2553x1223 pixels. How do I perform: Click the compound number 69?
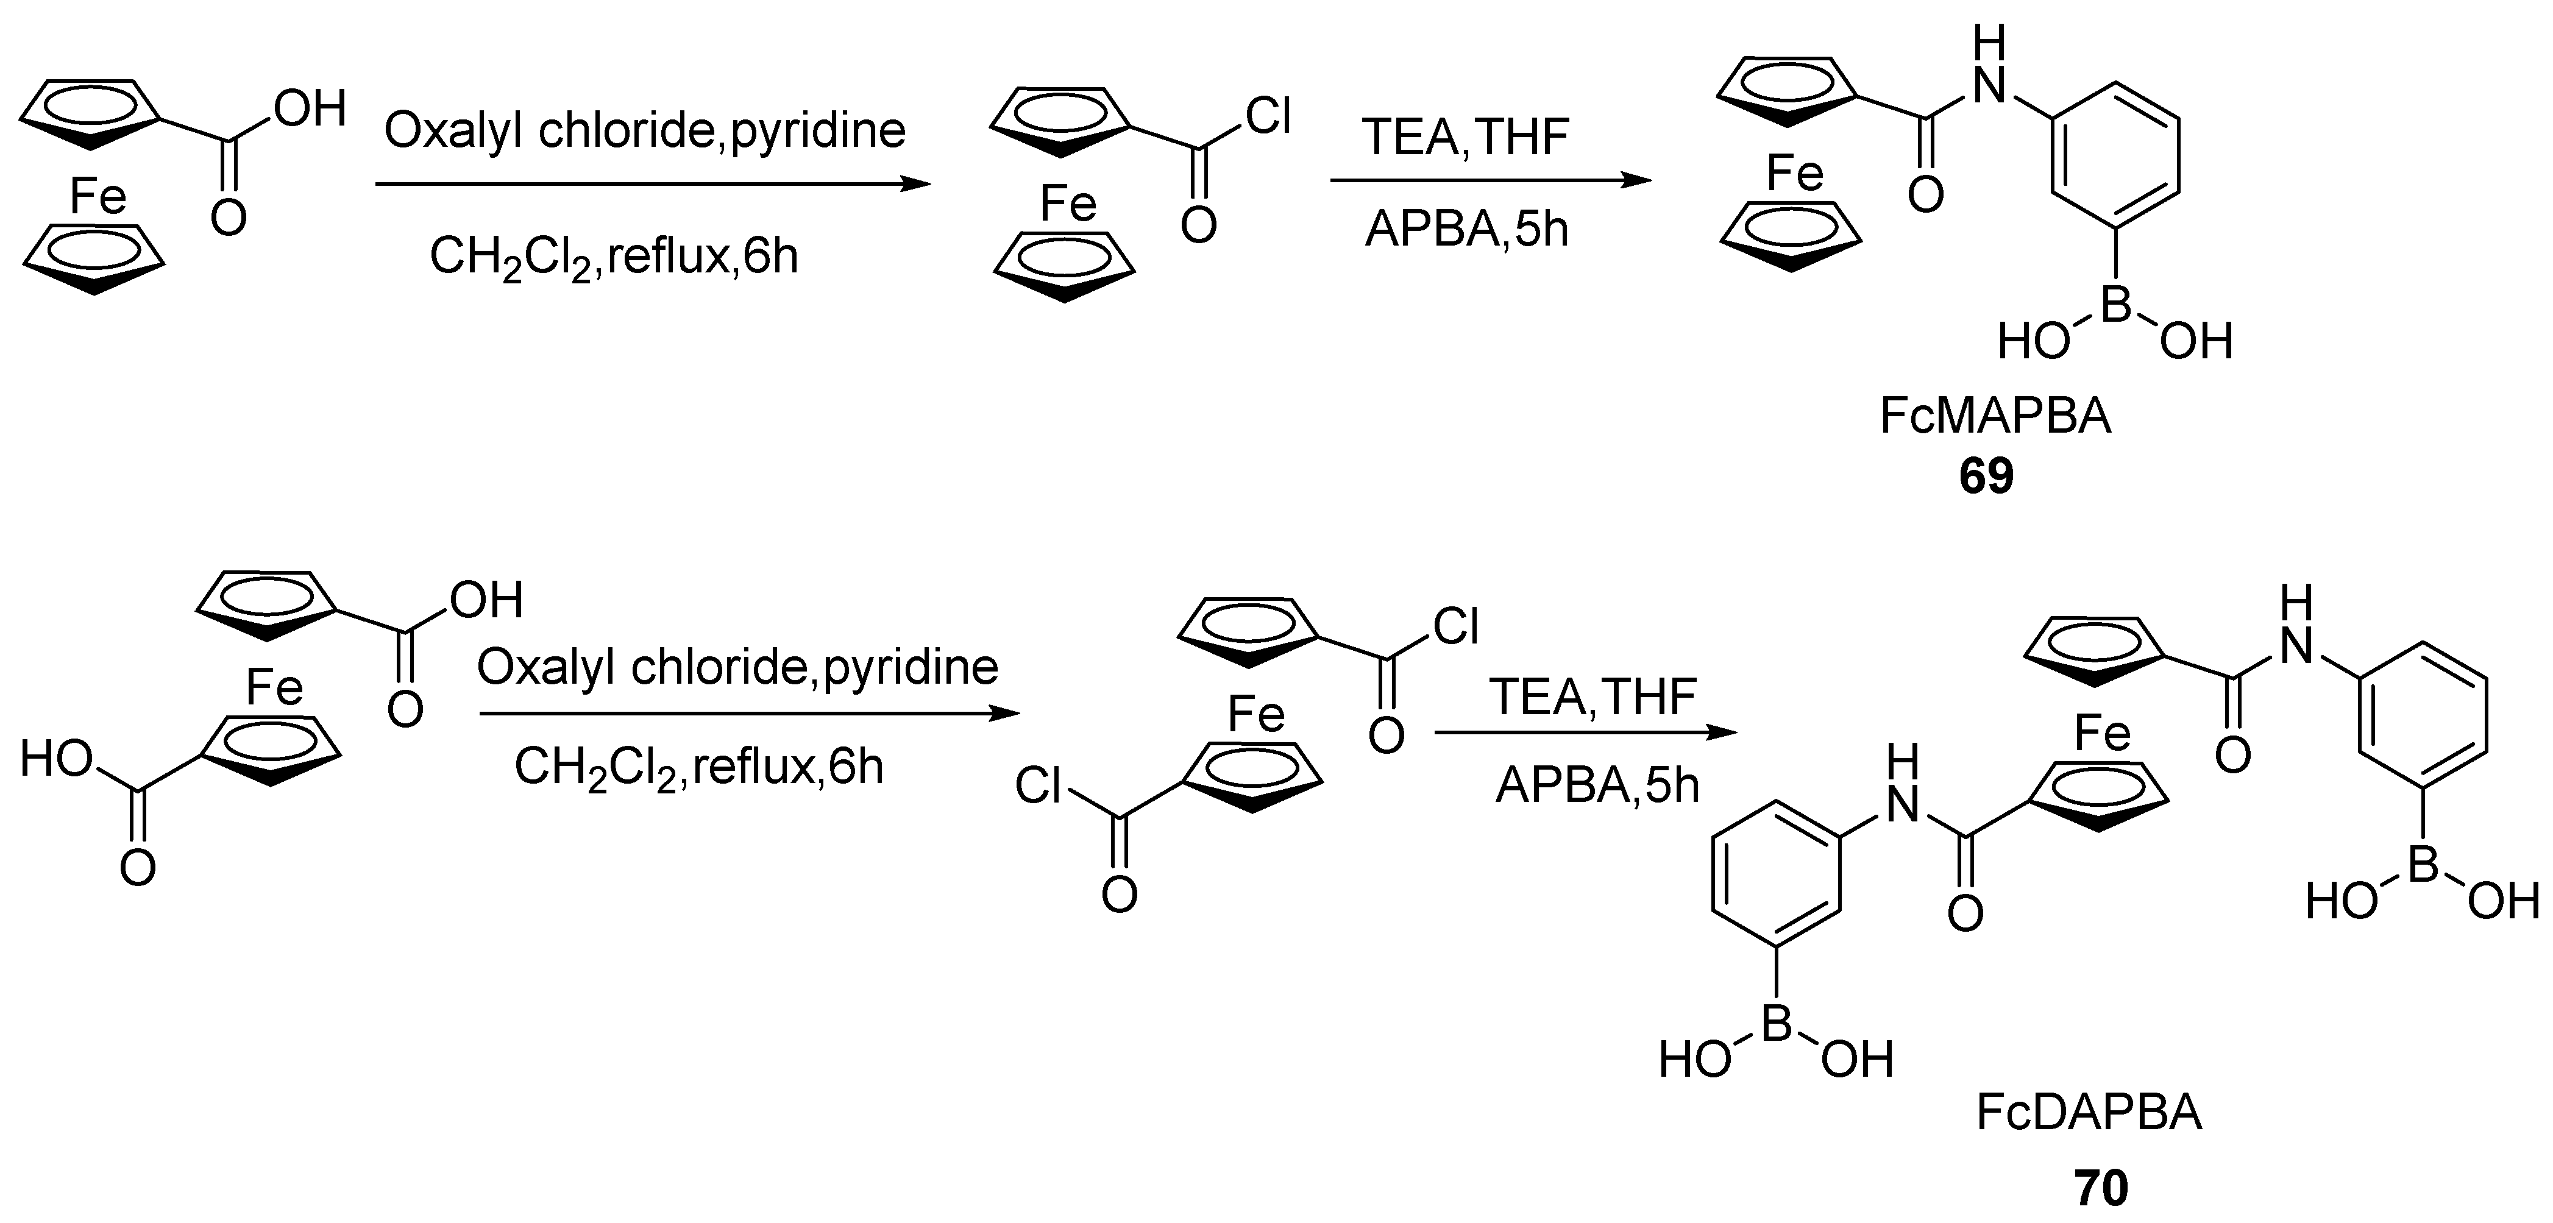1986,477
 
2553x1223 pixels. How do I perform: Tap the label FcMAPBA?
1995,416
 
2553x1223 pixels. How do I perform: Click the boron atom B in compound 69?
2115,307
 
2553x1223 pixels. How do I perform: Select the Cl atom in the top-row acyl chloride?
1268,117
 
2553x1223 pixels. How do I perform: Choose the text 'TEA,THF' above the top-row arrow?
1465,136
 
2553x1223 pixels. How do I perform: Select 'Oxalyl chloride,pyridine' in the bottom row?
737,668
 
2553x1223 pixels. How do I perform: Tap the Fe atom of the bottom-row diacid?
274,687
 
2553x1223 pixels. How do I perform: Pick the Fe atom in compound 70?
2101,734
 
